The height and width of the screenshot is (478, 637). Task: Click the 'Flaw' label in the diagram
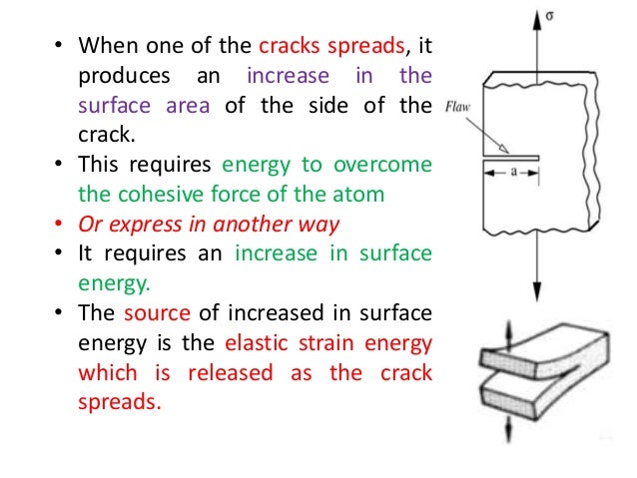[x=459, y=104]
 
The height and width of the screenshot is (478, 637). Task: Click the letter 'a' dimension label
[x=514, y=173]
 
